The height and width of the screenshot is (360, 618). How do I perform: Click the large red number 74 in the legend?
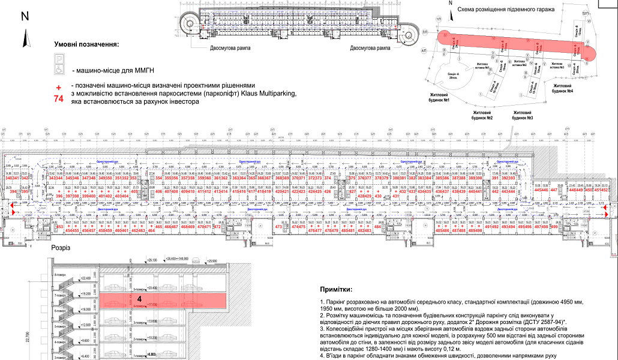click(x=59, y=100)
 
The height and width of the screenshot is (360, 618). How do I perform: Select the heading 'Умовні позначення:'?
click(x=86, y=44)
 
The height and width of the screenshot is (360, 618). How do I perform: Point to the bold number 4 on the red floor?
click(x=139, y=298)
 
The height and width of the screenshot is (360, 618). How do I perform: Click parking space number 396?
click(x=59, y=196)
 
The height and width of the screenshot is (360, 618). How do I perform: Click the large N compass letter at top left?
click(x=25, y=17)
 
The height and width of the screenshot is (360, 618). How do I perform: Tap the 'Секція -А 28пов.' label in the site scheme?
click(x=454, y=74)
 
